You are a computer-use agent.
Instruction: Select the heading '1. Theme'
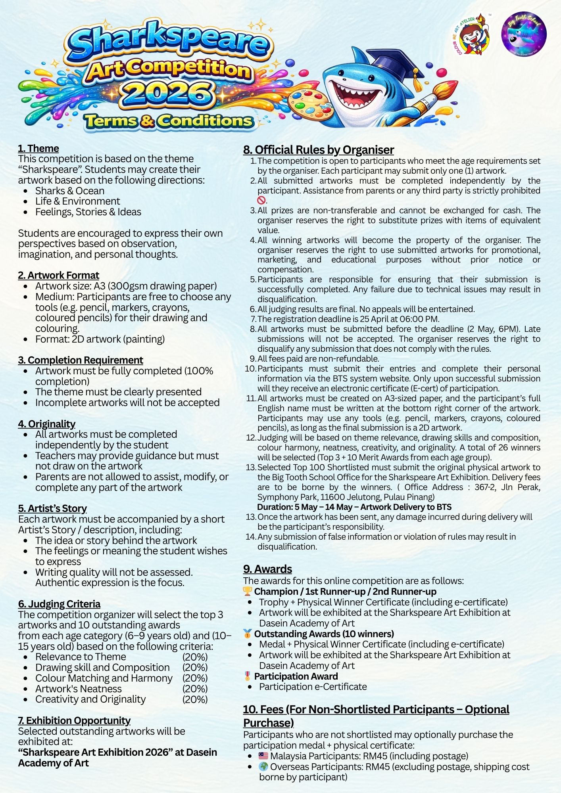(38, 148)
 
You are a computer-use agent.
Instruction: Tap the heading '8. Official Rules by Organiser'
(319, 150)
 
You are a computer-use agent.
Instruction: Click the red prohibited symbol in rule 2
(261, 200)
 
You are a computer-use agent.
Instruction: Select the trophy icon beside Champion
(248, 591)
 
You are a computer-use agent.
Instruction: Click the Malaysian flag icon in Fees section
(263, 756)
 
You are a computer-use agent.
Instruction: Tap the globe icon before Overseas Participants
(263, 766)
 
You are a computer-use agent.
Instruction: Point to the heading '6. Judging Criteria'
(59, 604)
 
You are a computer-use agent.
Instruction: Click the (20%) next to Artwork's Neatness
(195, 689)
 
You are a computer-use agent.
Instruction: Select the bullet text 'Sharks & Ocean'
(70, 191)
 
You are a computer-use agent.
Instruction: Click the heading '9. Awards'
(267, 569)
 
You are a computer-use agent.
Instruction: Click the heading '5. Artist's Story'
(52, 508)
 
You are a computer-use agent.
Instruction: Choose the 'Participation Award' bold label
(296, 676)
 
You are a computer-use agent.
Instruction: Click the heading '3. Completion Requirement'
(81, 360)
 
